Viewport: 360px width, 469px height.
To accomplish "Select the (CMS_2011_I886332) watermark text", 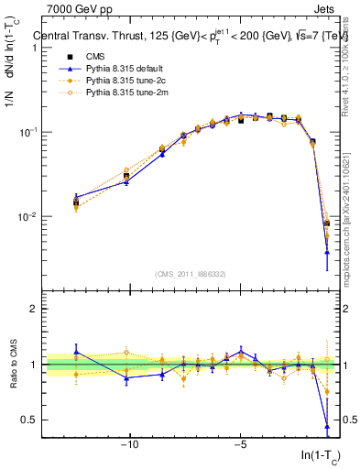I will (x=193, y=274).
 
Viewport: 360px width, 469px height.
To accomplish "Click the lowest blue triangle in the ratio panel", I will (x=327, y=425).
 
